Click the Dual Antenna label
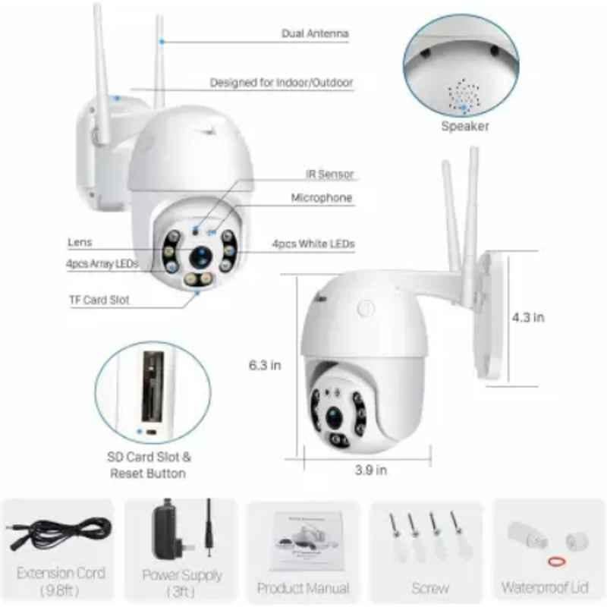(315, 33)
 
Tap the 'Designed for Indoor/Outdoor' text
(281, 83)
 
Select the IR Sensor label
(330, 175)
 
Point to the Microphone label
(322, 198)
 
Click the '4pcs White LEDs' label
(313, 244)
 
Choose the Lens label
(80, 242)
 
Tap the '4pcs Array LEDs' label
(102, 263)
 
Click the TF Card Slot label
(99, 300)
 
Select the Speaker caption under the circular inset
(465, 126)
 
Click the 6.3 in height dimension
(265, 365)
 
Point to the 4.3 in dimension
(528, 317)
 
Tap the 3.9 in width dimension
(371, 470)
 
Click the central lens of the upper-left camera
(200, 257)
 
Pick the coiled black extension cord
(59, 533)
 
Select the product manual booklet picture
(307, 541)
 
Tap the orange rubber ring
(557, 561)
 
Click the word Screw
(430, 589)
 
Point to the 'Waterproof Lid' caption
(545, 587)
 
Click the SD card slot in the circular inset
(153, 386)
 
